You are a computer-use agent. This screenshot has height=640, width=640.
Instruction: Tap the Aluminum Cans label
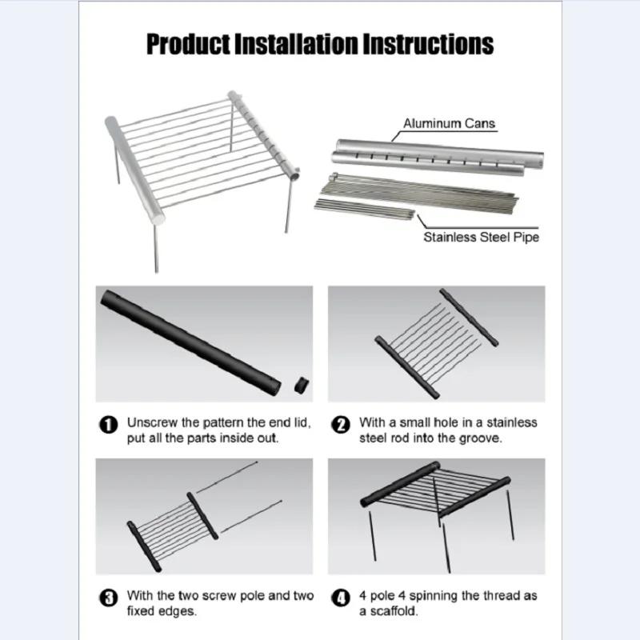coord(449,123)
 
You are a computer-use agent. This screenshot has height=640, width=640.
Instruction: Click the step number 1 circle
coord(108,425)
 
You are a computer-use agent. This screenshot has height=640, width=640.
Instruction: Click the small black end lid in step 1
coord(301,386)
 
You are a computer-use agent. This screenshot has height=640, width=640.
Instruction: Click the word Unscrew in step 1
coord(152,422)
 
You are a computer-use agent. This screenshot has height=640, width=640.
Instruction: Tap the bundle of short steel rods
coord(364,210)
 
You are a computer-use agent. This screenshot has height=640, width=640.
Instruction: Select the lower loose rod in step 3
coord(251,515)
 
